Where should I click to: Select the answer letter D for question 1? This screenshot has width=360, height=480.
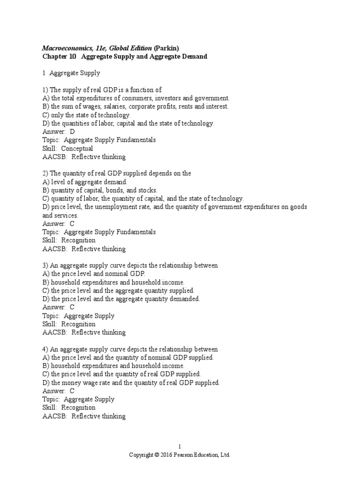tap(72, 132)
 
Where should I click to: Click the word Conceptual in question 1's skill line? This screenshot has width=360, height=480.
tap(78, 149)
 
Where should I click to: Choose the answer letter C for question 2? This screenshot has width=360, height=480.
tap(72, 224)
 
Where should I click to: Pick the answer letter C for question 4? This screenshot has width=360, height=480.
tap(72, 391)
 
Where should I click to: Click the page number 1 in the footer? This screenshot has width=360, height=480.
tap(180, 447)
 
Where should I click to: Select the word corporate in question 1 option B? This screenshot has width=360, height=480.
tap(161, 106)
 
